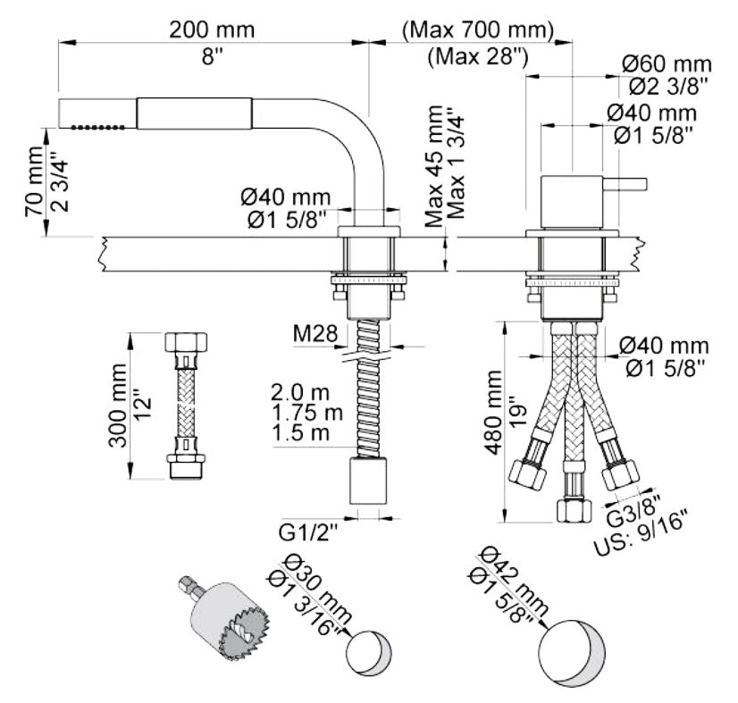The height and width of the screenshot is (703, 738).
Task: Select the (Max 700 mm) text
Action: tap(478, 29)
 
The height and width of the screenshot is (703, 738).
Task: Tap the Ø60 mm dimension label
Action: tap(668, 64)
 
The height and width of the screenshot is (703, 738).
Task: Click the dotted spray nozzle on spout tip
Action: tap(97, 129)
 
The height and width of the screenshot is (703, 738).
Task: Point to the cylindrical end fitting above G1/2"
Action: tap(368, 483)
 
